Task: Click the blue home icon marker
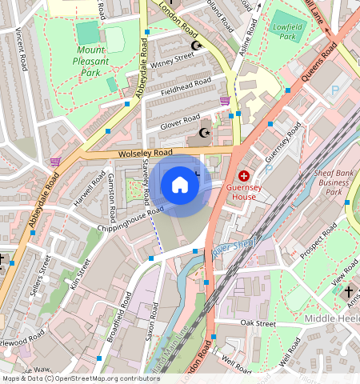pyautogui.click(x=180, y=186)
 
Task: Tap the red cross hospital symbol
pyautogui.click(x=244, y=175)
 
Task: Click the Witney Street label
pyautogui.click(x=173, y=58)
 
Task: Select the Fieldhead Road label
pyautogui.click(x=186, y=86)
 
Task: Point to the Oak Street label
pyautogui.click(x=258, y=323)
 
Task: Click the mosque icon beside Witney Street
pyautogui.click(x=197, y=46)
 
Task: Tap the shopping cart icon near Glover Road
pyautogui.click(x=225, y=101)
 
